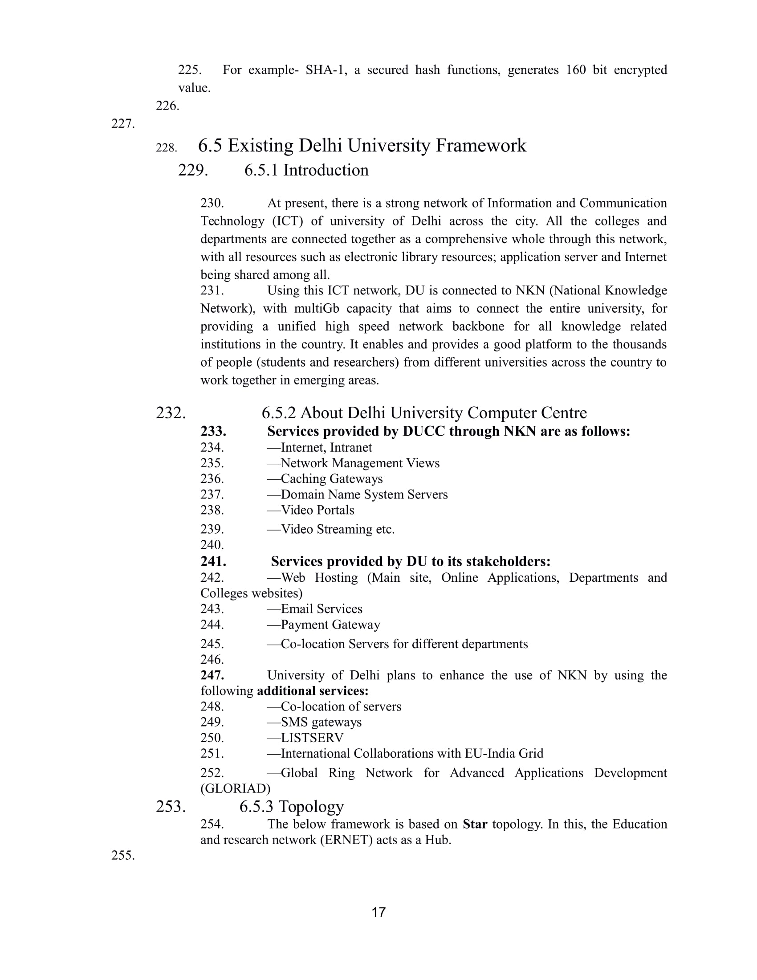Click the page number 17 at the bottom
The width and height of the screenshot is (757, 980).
click(378, 912)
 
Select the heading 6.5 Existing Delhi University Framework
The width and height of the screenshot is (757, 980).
click(362, 146)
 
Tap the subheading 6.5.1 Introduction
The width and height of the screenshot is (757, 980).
click(306, 171)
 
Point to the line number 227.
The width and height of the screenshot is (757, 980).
click(123, 124)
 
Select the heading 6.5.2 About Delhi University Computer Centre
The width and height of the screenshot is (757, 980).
click(424, 413)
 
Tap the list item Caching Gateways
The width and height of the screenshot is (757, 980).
click(331, 479)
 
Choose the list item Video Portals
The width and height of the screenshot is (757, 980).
click(317, 510)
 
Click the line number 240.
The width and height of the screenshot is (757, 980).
click(212, 545)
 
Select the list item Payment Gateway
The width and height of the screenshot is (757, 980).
click(330, 625)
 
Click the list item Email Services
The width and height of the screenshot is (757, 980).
click(321, 609)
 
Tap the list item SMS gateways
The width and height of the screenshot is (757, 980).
click(321, 723)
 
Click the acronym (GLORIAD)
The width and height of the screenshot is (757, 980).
click(236, 789)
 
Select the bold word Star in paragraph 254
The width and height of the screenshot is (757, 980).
click(475, 824)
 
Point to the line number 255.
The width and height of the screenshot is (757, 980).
click(123, 856)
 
